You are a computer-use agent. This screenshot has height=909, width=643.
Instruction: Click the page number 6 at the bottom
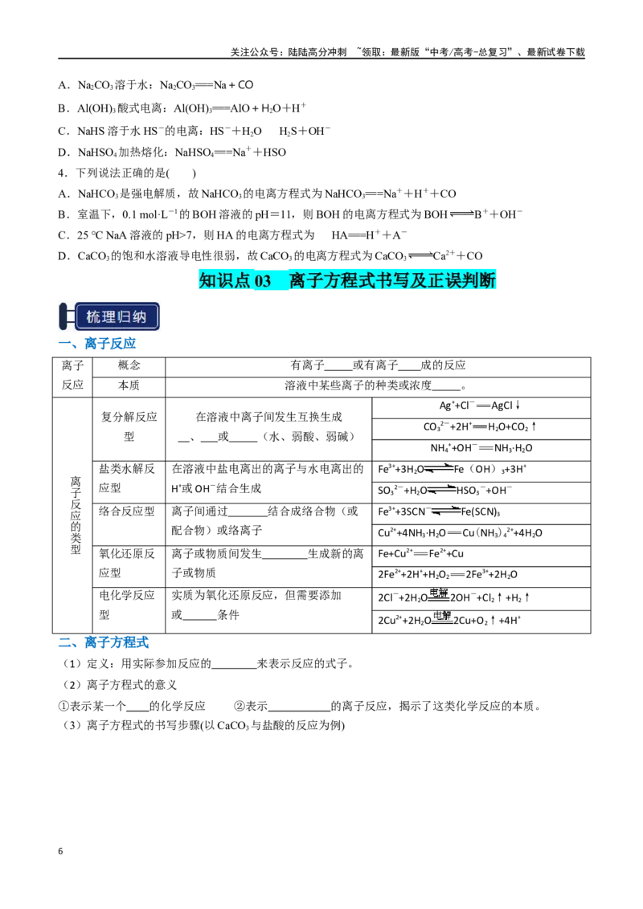[60, 851]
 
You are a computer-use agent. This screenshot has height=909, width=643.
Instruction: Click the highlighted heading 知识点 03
[235, 280]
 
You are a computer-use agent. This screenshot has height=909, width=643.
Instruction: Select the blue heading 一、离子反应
[97, 343]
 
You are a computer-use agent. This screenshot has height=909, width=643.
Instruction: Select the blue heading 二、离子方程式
[104, 642]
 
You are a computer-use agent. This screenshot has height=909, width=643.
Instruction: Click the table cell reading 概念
[129, 365]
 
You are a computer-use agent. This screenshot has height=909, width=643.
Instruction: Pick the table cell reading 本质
[129, 385]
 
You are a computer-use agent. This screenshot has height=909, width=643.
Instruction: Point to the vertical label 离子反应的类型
[76, 516]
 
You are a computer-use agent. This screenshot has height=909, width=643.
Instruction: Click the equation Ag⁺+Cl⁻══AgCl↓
[480, 406]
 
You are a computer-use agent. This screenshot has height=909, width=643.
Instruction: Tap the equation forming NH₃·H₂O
[481, 448]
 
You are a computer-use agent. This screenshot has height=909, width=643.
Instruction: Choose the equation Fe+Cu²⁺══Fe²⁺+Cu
[420, 553]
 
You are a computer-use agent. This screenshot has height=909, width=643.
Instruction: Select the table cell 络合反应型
[126, 511]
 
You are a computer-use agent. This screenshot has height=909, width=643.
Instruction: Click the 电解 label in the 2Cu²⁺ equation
[442, 616]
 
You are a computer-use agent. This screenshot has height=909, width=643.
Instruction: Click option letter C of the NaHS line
[63, 131]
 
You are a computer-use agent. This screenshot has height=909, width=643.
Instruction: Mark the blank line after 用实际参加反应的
[235, 667]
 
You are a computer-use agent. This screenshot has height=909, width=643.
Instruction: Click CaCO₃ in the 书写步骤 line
[233, 726]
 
